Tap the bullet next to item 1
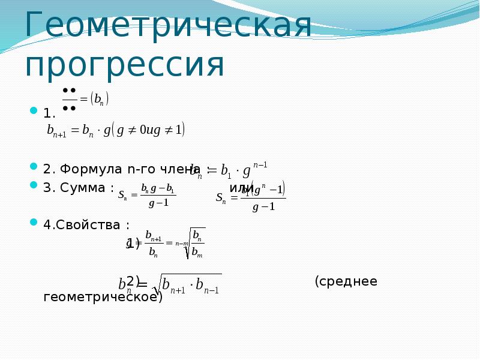[x=34, y=111]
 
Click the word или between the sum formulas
[x=241, y=188]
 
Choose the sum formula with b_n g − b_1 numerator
[x=147, y=196]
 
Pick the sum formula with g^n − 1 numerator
[x=252, y=196]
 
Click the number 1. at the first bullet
[x=49, y=113]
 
